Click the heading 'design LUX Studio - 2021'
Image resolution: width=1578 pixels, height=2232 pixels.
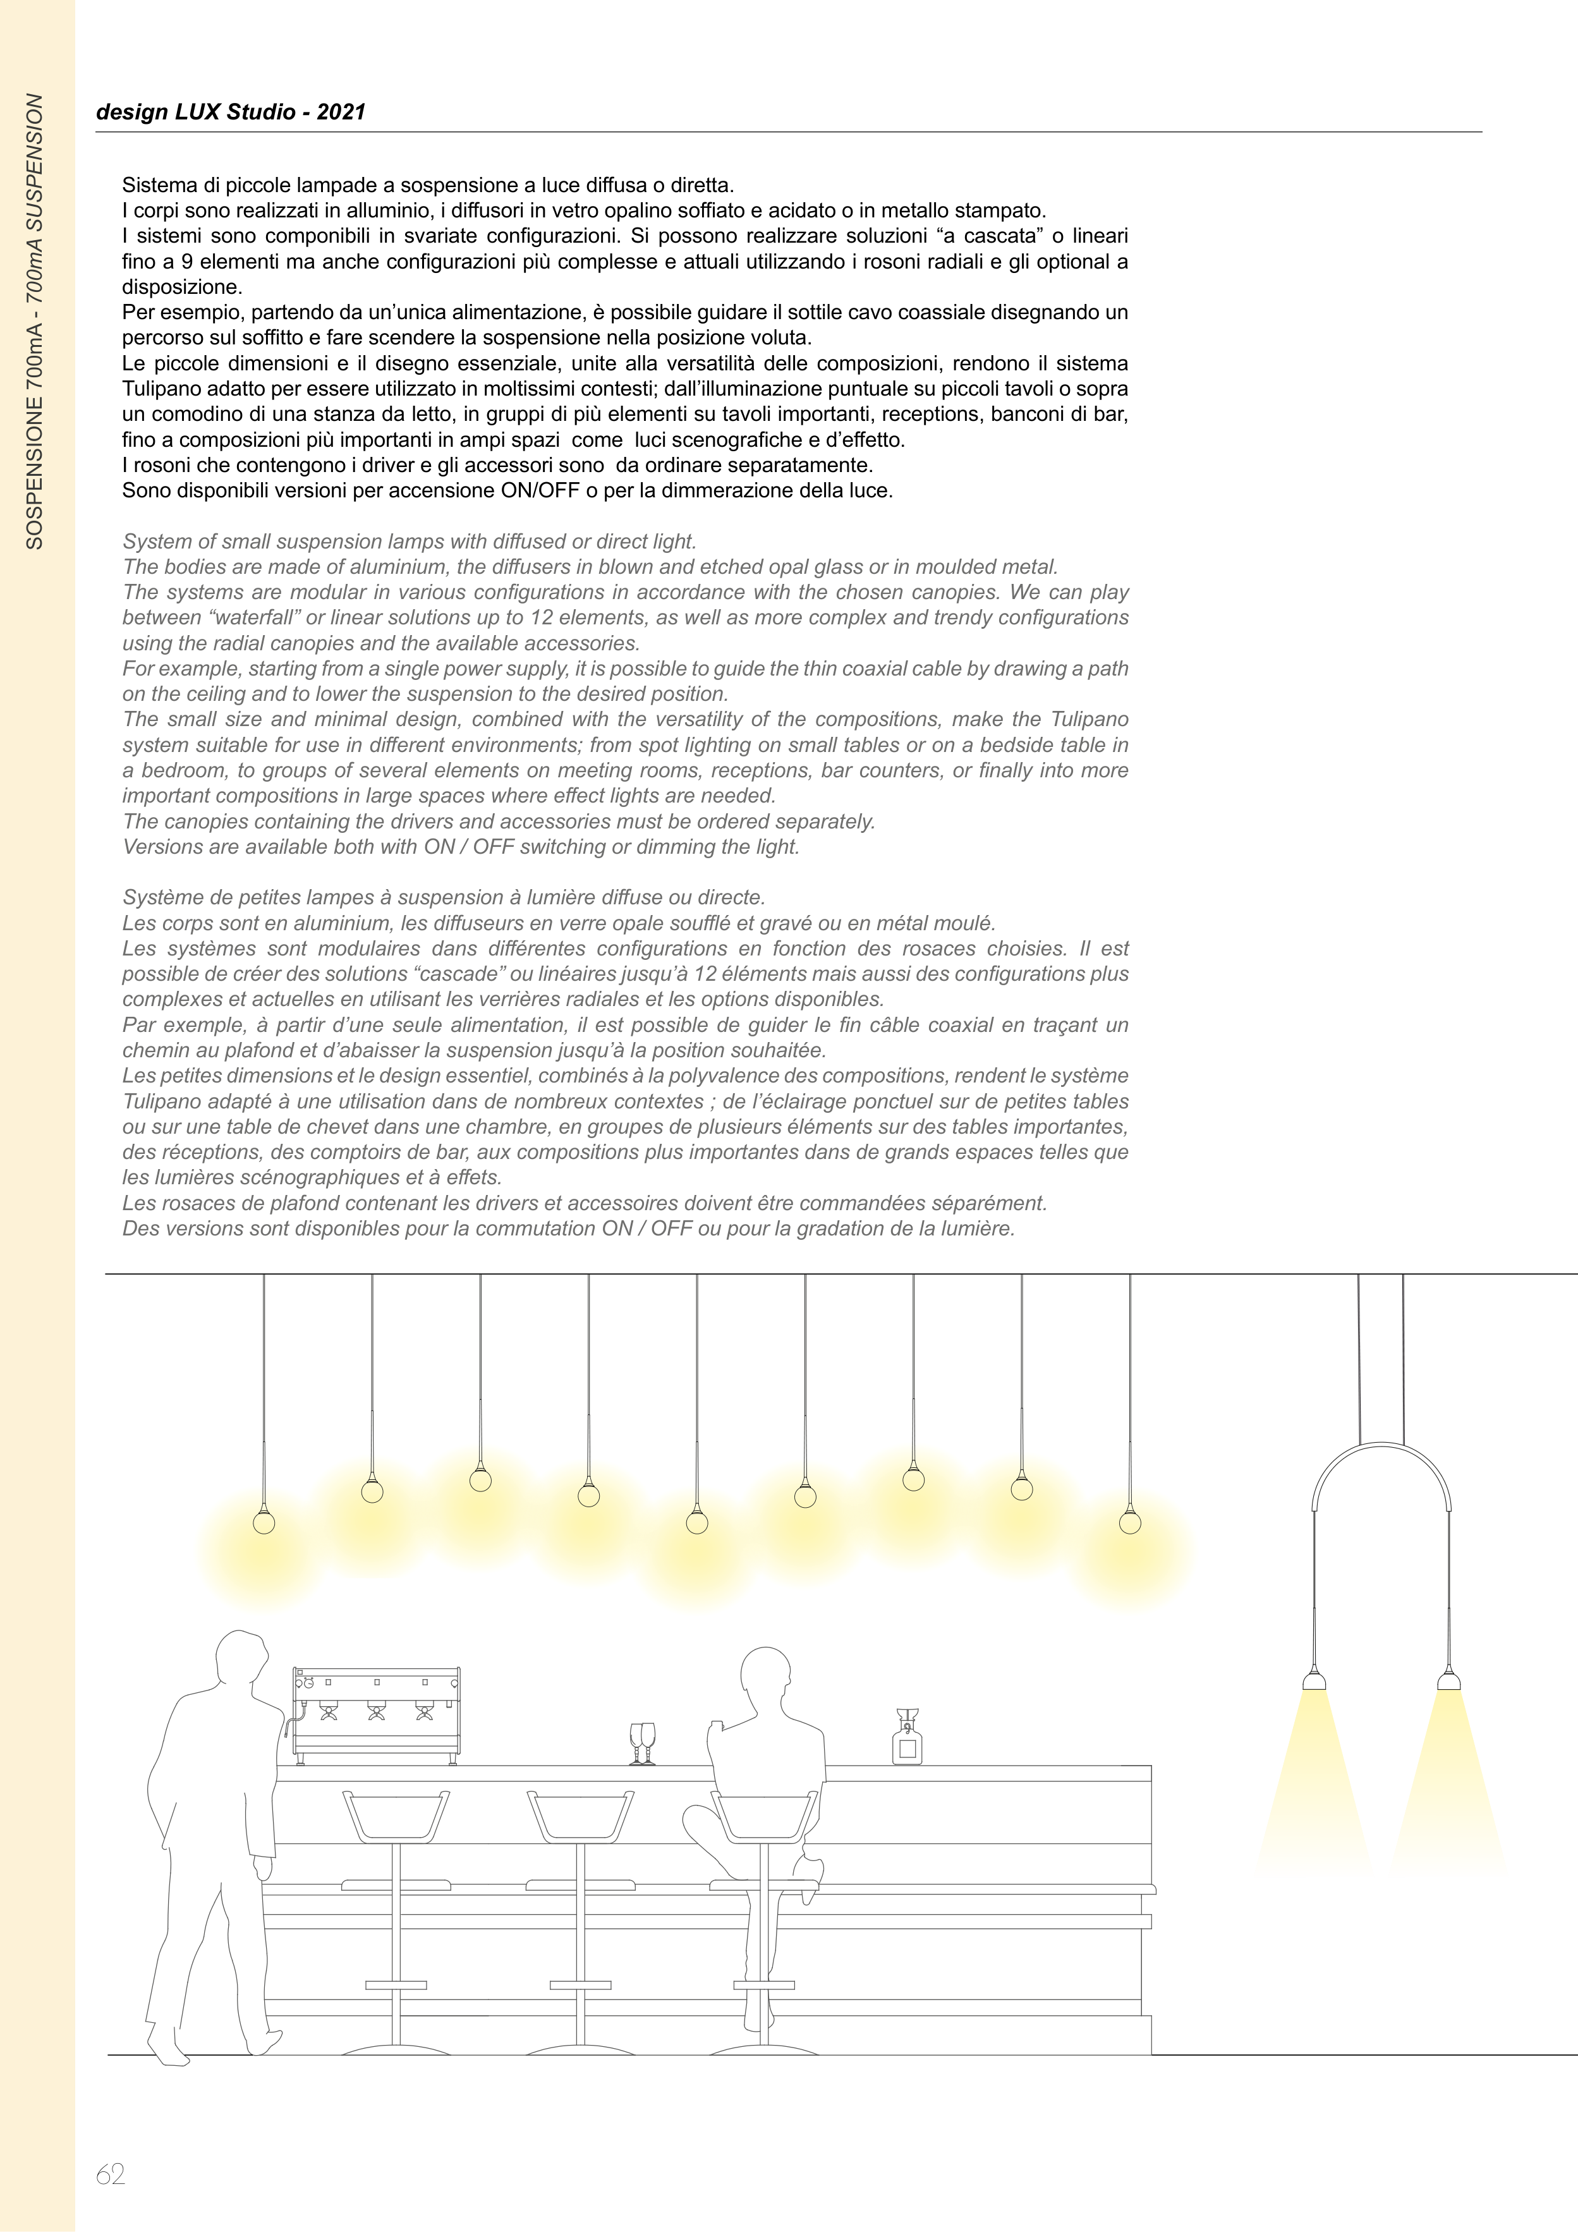coord(231,112)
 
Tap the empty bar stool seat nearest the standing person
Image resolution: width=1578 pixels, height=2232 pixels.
coord(396,1815)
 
